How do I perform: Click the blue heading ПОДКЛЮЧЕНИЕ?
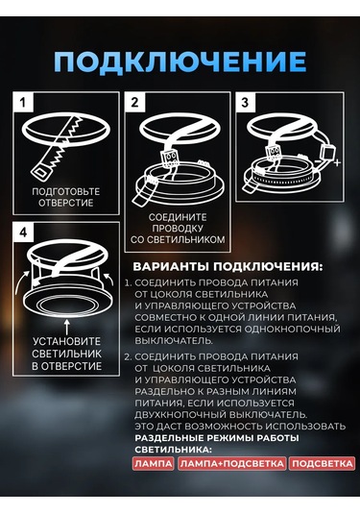click(x=180, y=61)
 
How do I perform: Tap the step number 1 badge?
click(x=23, y=102)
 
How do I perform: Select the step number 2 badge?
click(x=135, y=102)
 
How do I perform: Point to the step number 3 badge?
click(x=246, y=102)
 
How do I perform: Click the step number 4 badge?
click(x=23, y=233)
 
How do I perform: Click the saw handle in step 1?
click(x=41, y=170)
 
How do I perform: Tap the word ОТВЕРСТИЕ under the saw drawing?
click(x=66, y=203)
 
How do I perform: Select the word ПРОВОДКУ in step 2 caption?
click(x=178, y=228)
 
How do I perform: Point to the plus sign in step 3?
click(x=337, y=162)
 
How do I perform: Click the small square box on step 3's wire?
click(x=326, y=152)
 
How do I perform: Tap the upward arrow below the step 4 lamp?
click(x=67, y=327)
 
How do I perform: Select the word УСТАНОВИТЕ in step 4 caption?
click(x=66, y=341)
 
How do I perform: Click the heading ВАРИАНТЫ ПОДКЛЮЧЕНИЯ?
click(x=228, y=266)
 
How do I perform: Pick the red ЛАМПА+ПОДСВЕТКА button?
click(x=232, y=463)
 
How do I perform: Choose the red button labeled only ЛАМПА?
click(x=153, y=463)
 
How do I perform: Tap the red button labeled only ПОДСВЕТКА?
click(x=322, y=463)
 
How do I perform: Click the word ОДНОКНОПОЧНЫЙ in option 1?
click(x=292, y=329)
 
